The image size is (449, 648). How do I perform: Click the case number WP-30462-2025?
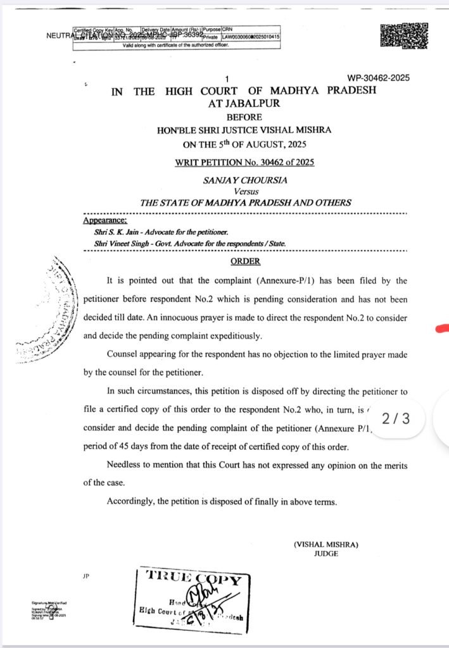378,78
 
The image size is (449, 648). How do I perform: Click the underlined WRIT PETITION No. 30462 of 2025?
244,162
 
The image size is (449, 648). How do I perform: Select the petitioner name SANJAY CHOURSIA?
245,180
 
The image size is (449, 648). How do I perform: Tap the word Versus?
246,191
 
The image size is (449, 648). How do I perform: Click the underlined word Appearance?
105,221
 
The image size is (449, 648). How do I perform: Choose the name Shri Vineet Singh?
122,243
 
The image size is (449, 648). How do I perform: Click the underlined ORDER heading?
245,261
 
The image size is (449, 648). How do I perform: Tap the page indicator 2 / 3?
396,418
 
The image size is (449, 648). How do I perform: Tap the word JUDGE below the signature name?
326,554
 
